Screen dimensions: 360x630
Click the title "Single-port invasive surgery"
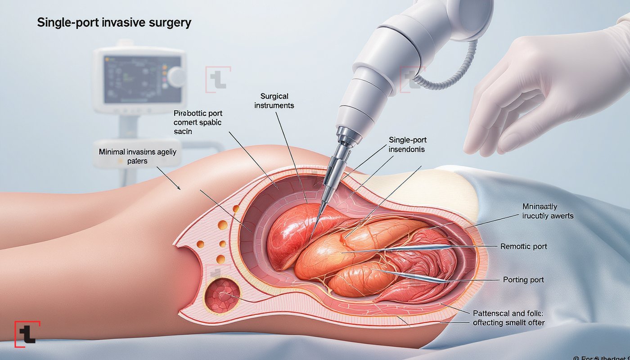point(114,23)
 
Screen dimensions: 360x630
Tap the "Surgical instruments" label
point(274,101)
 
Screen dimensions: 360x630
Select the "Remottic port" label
point(524,247)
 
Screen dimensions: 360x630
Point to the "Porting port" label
point(523,280)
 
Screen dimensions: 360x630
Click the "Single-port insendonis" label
point(406,144)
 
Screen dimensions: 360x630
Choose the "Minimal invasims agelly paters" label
point(138,156)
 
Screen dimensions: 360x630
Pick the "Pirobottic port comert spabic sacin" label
point(198,122)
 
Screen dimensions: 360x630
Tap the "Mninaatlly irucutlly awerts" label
point(548,211)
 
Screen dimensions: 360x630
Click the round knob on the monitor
point(177,76)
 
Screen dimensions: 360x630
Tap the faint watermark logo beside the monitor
point(218,79)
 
